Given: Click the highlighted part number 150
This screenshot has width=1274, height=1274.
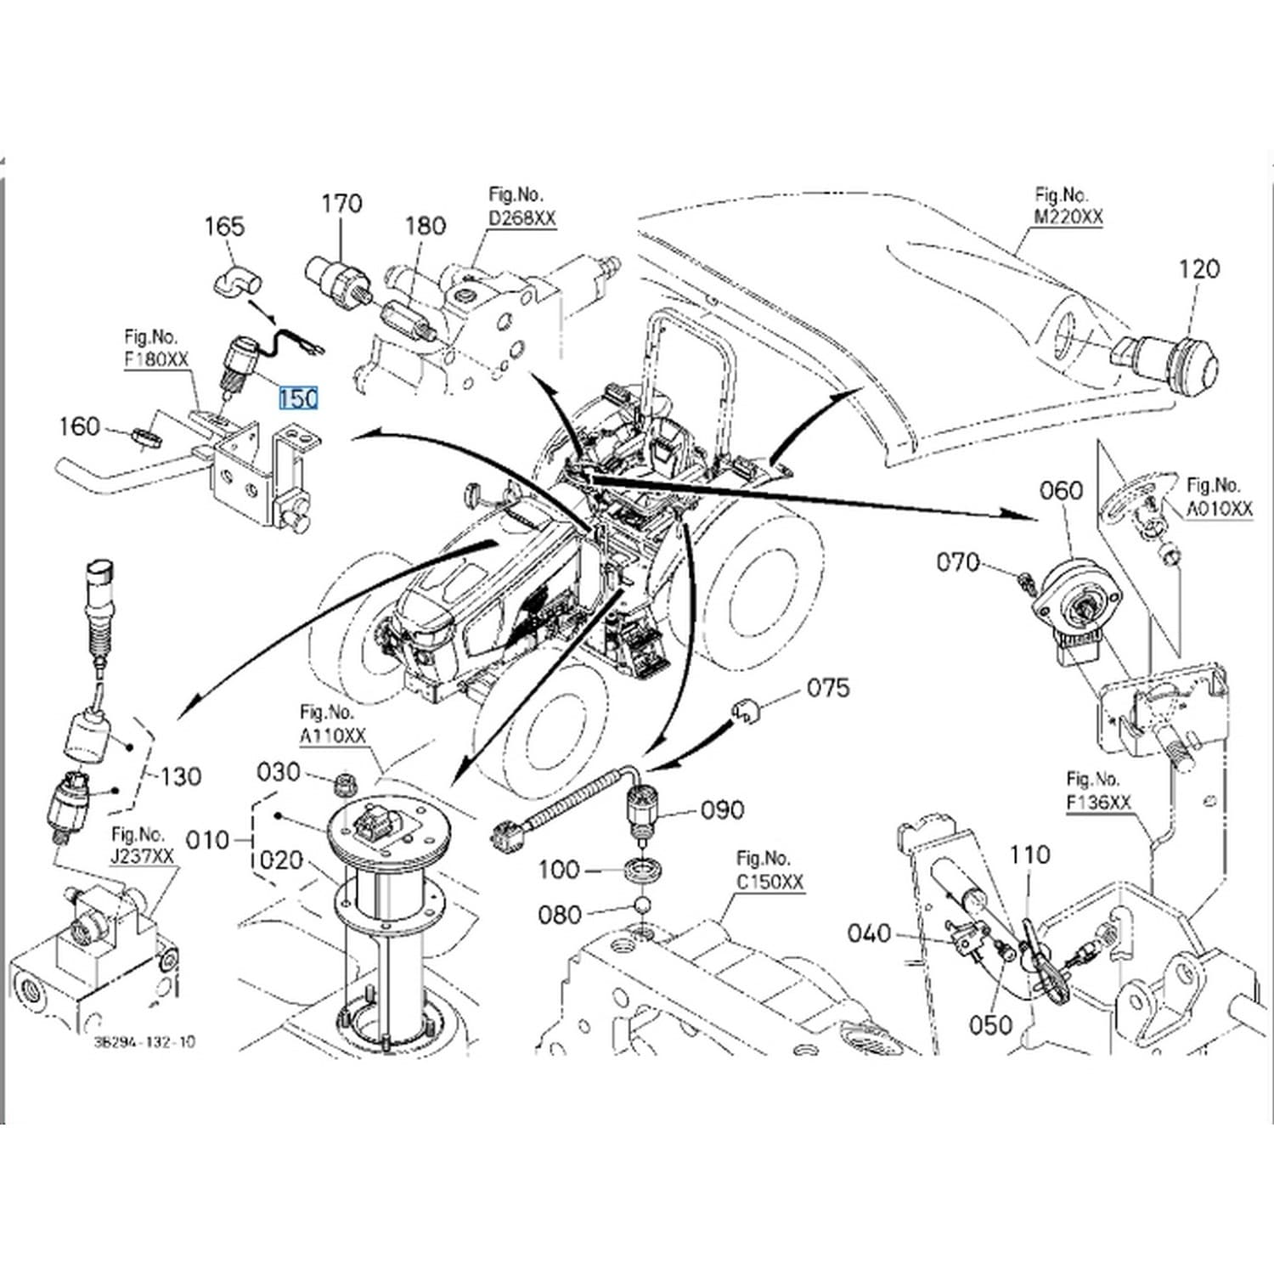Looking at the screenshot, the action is pos(298,397).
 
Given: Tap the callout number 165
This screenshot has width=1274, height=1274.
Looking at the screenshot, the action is pos(224,226).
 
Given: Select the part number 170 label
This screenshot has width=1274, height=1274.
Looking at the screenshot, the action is pos(341,203).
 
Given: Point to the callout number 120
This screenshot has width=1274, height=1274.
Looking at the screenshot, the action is pos(1199,268).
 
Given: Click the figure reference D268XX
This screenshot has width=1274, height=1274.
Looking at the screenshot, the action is pos(522,218).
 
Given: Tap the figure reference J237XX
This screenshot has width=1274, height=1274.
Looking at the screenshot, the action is pos(142,856).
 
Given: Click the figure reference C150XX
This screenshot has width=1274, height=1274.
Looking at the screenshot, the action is pos(769,882).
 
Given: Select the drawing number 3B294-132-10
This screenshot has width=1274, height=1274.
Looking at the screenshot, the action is pos(144,1041).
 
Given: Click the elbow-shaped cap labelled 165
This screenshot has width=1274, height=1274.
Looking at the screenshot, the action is pos(235,281).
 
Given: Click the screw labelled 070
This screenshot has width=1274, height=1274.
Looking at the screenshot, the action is pos(1025,580).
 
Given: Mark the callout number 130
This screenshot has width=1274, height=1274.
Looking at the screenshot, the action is pos(181,776).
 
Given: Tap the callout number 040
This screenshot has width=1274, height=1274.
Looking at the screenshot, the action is pos(870,933).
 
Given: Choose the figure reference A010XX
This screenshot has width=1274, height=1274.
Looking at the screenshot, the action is pos(1220,508).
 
